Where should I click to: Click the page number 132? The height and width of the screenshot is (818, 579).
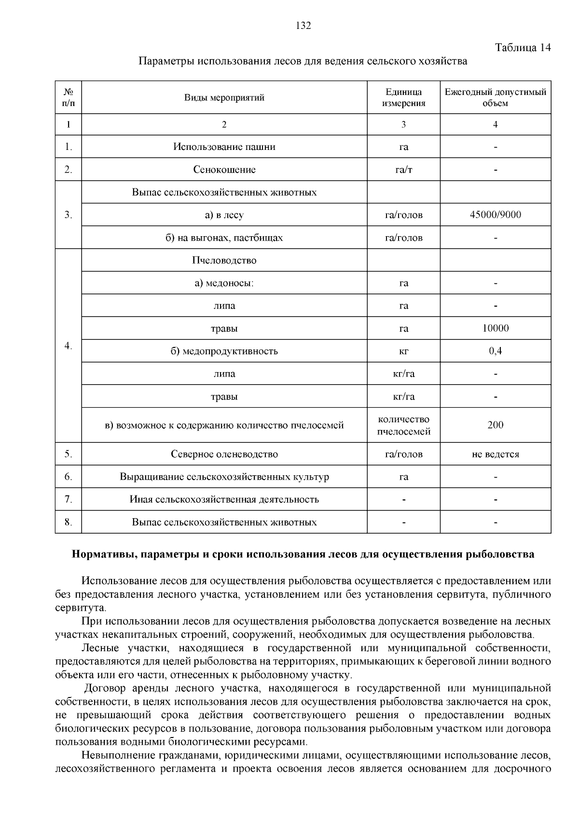(303, 26)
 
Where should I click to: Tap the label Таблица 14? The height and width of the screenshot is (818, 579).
(523, 48)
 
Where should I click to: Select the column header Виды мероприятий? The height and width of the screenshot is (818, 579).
(224, 98)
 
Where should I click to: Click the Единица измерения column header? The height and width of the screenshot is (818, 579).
(403, 98)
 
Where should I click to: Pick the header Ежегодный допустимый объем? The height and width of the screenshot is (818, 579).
(495, 98)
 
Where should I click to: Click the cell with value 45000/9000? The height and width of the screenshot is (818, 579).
(495, 215)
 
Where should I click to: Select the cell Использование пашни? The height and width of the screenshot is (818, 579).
(224, 147)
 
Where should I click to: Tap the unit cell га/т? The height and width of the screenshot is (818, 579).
(403, 170)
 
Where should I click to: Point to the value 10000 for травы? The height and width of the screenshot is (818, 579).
(495, 328)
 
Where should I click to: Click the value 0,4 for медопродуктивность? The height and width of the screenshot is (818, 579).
(495, 351)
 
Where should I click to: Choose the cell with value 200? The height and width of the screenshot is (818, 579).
(495, 425)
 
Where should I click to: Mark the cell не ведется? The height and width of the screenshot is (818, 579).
(495, 454)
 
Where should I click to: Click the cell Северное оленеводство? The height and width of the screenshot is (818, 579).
(224, 454)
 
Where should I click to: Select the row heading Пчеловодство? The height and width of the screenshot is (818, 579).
(224, 260)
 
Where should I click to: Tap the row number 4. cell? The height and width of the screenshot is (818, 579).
(68, 346)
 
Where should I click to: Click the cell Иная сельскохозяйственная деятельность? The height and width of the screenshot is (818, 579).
(224, 499)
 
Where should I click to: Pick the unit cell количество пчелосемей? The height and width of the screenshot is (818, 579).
(403, 425)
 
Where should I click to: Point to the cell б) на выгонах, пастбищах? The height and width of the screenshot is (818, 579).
(224, 238)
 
